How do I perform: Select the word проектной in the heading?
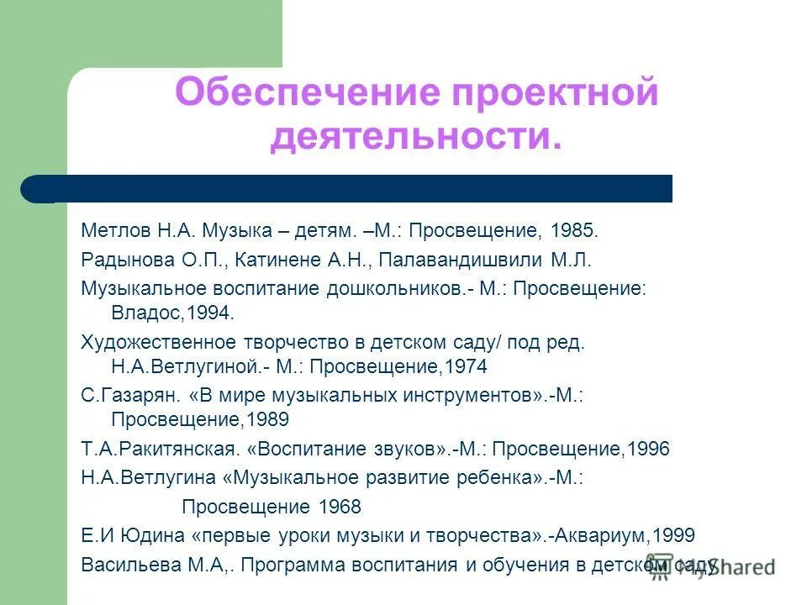(x=556, y=92)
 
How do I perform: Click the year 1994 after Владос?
(x=208, y=313)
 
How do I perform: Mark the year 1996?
(x=647, y=449)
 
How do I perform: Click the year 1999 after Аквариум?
(x=672, y=535)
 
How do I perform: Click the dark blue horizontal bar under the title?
(x=353, y=189)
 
